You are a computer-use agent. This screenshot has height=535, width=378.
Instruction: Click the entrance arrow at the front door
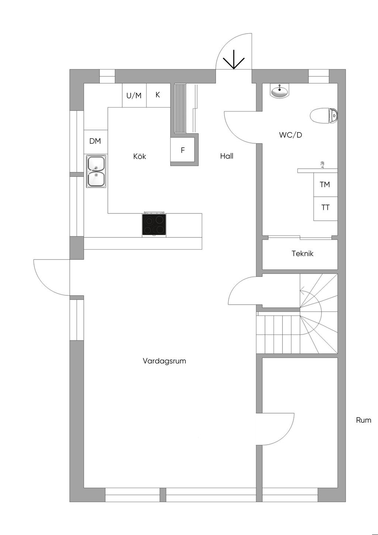coord(234,59)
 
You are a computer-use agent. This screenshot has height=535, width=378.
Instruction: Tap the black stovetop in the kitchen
coord(154,224)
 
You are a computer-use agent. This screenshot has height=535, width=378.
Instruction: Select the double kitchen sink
coord(96,171)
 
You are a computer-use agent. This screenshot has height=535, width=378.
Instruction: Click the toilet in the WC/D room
coord(324,116)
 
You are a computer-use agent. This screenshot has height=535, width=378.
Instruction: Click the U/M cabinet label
coord(134,96)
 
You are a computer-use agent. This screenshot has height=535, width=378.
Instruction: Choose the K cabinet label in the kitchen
coord(158,95)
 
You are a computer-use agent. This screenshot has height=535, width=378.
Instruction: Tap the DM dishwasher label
coord(95,141)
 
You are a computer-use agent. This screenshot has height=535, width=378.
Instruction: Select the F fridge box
coord(182,150)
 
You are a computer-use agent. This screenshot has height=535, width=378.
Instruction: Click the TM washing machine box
coord(325,185)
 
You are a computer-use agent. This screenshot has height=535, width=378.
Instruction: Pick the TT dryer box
coord(325,208)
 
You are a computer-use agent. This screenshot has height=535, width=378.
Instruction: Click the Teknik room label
coord(302,254)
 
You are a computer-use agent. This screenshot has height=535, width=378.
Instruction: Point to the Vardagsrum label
coord(164,361)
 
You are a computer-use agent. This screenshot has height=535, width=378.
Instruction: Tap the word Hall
coord(227,156)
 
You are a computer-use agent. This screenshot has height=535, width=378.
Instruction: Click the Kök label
coord(140,157)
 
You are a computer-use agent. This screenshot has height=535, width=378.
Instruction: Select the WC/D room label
coord(291,135)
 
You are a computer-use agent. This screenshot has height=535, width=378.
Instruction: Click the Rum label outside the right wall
coord(364,420)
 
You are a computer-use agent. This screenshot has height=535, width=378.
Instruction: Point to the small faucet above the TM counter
coord(323,165)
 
